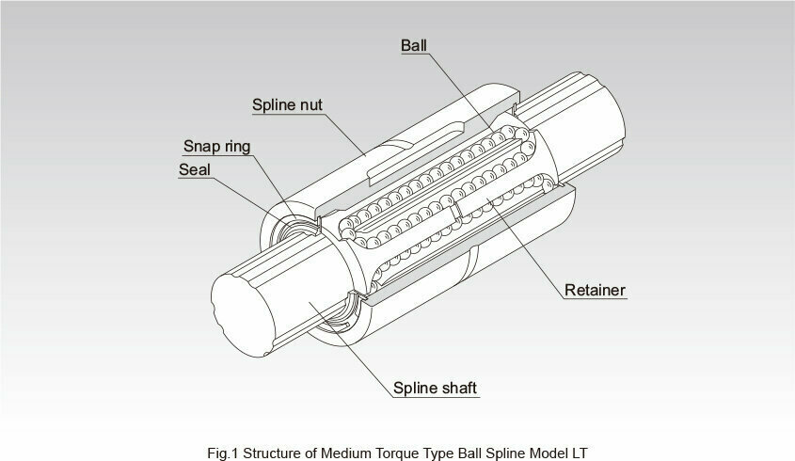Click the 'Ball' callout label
pos(415,46)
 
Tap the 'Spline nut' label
pos(288,104)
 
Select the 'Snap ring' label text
pos(217,148)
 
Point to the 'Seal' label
pos(195,170)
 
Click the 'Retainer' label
pos(596,290)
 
